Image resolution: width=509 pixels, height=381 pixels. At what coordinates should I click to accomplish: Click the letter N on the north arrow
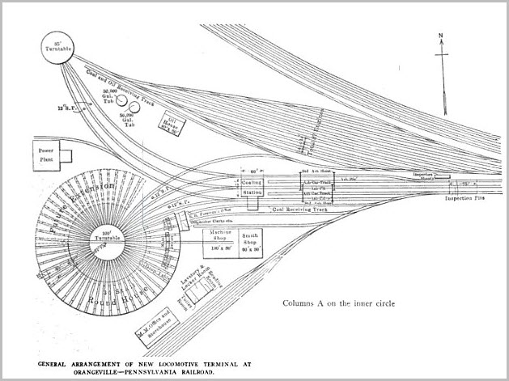coord(440,37)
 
